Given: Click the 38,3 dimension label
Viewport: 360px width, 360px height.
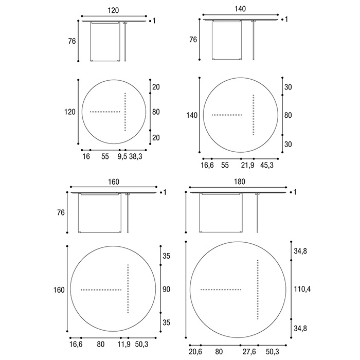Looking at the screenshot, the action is (x=136, y=156).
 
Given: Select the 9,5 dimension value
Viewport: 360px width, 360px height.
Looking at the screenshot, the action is (x=122, y=156).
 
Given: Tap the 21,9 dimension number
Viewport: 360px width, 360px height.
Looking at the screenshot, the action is (x=247, y=165).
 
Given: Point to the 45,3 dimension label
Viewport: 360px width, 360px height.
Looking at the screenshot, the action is (x=267, y=165).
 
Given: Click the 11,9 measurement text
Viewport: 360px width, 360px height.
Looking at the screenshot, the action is (x=124, y=345).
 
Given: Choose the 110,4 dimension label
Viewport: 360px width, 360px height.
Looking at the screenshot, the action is (x=302, y=289).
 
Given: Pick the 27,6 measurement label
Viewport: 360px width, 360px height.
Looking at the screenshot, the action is (x=249, y=352).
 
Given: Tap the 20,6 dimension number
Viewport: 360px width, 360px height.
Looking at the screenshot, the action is (x=195, y=352).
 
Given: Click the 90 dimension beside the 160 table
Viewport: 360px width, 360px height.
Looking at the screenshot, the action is (x=167, y=289).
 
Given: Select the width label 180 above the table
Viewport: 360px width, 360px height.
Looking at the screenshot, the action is (x=240, y=182).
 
